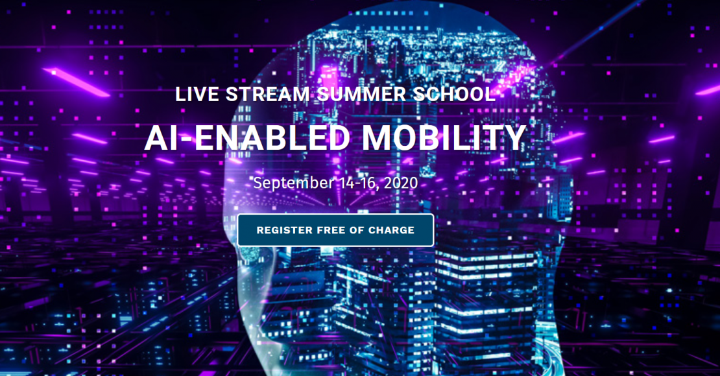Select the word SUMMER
click(361, 94)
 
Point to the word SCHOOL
click(454, 94)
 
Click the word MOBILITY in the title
click(444, 137)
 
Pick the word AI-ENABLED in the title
click(248, 137)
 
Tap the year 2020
click(401, 183)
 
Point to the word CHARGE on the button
click(391, 230)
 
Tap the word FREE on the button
click(331, 230)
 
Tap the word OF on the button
click(357, 230)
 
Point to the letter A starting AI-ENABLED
click(156, 137)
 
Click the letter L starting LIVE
click(180, 94)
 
